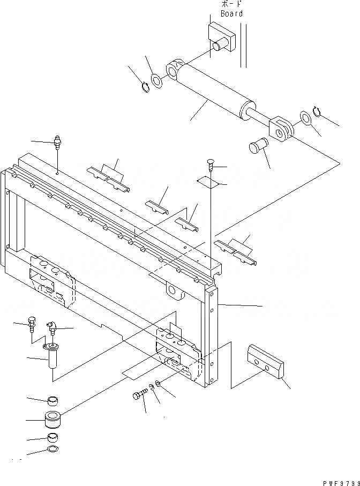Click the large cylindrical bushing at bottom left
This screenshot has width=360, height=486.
coord(52,420)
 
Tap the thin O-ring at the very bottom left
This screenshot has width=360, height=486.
coord(52,449)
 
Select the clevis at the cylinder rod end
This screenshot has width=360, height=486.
coord(282,129)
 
